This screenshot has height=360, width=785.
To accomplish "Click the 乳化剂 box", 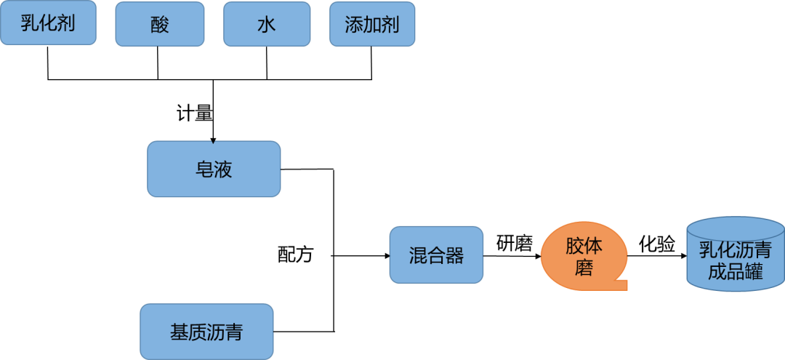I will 49,23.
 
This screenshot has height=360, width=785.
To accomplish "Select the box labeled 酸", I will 160,24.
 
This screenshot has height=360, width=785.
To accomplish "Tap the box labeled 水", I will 267,24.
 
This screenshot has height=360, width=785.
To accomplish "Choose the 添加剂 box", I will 372,24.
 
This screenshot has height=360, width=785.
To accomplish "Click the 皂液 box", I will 214,169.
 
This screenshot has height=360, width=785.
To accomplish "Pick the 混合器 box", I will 436,255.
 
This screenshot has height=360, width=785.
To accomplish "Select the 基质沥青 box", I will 206,332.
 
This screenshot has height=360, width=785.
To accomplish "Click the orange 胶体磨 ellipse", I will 584,256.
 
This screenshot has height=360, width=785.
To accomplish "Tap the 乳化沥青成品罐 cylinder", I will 735,258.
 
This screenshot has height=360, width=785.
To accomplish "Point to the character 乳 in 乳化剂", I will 30,23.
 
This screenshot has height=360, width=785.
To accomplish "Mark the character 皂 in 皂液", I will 204,169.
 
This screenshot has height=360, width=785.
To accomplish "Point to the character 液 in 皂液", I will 223,169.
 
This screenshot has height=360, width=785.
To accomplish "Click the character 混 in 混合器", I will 418,255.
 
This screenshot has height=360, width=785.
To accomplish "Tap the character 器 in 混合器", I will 455,255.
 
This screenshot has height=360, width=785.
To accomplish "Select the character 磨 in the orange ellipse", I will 584,268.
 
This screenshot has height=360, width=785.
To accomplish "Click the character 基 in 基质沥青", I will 179,332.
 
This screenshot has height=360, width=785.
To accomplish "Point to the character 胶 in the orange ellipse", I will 574,246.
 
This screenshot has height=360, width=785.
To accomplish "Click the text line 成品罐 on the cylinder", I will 735,271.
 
